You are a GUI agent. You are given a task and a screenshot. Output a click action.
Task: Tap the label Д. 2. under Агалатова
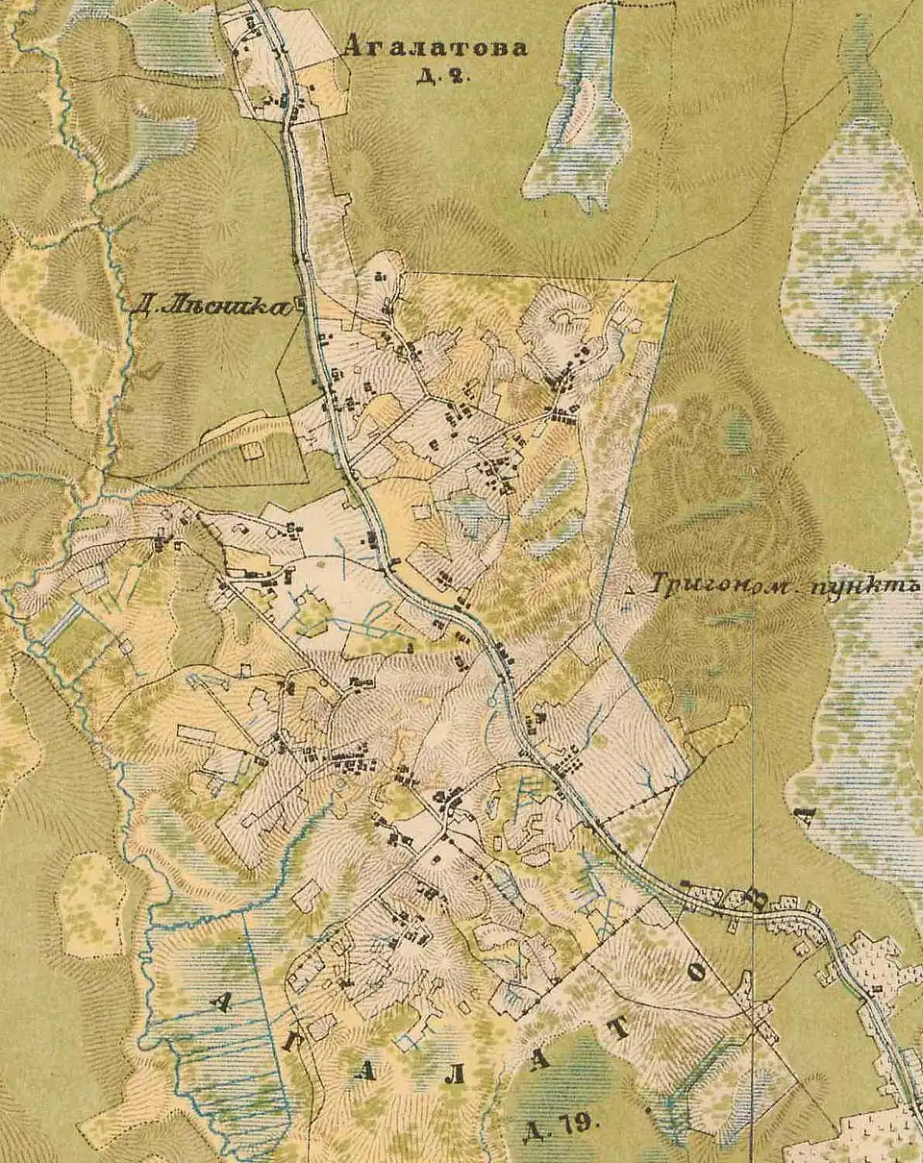click(x=442, y=77)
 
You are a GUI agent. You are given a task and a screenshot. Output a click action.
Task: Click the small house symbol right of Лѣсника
click(x=299, y=306)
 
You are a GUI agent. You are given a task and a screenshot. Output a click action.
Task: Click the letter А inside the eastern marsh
click(x=806, y=817)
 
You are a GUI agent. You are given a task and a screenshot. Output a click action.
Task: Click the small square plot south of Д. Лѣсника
click(x=252, y=449)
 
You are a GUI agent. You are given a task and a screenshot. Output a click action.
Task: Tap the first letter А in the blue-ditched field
click(x=221, y=1002)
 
